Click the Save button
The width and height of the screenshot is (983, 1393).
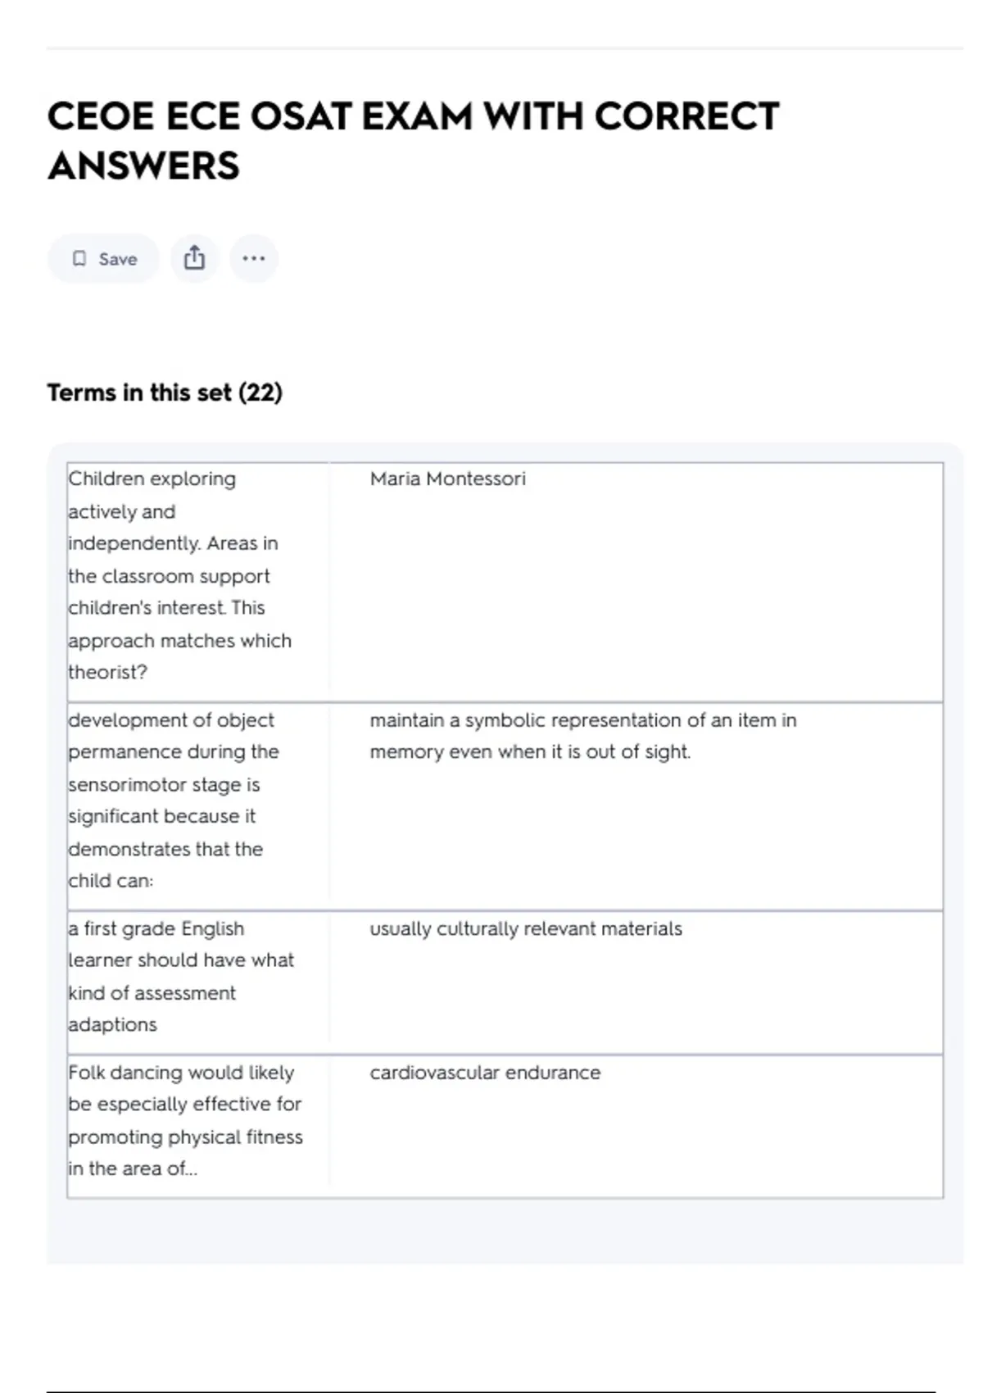(104, 259)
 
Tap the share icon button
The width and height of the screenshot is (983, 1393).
(194, 259)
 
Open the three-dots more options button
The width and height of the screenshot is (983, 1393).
(254, 259)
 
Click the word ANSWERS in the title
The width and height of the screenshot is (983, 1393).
(144, 166)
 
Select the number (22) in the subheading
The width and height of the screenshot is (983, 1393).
(260, 392)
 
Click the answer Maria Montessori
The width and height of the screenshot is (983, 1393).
(447, 479)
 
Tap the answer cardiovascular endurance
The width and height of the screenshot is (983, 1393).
(485, 1073)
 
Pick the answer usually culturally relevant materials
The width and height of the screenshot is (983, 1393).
(525, 929)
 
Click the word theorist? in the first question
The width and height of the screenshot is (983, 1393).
(107, 673)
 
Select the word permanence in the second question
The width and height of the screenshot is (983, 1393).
(124, 752)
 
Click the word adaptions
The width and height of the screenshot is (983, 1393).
(112, 1025)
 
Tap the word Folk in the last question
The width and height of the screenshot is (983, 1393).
(86, 1073)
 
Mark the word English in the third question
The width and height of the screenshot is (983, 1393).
(212, 929)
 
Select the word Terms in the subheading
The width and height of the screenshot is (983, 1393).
(81, 392)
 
